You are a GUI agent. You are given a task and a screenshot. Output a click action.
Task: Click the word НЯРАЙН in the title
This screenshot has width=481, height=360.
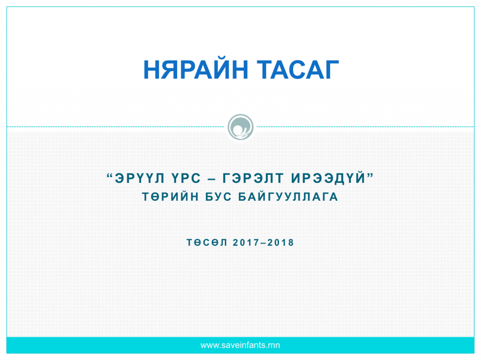[x=195, y=70]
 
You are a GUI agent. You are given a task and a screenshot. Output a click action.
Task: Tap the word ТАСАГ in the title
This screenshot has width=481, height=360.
[x=297, y=70]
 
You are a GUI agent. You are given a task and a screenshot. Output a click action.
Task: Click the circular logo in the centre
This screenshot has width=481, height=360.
[x=240, y=127]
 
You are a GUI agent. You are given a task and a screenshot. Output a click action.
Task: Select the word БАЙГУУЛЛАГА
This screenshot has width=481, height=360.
[x=288, y=197]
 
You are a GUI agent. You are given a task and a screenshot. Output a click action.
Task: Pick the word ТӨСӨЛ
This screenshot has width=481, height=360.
[x=207, y=243]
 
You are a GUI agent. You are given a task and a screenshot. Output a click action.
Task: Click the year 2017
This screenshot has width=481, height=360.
[x=246, y=243]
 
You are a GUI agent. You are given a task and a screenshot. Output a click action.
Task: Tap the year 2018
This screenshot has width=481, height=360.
[x=281, y=243]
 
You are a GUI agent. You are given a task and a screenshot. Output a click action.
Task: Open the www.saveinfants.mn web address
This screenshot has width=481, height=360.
[x=240, y=345]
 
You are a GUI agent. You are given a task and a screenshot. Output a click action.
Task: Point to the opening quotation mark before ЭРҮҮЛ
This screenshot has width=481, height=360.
[x=110, y=176]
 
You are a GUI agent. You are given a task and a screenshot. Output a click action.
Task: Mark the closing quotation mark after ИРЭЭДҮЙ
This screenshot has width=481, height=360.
[x=370, y=176]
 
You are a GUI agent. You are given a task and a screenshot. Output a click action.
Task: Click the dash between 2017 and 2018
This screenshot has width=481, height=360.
[x=264, y=243]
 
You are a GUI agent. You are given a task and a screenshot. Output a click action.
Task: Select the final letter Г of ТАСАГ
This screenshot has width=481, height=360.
[x=331, y=70]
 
